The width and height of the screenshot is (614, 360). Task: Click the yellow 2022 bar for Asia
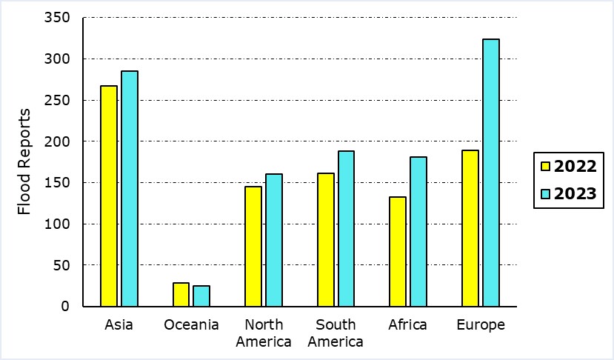pyautogui.click(x=109, y=196)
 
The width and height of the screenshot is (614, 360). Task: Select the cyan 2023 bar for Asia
pyautogui.click(x=130, y=189)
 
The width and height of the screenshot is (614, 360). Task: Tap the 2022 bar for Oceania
pyautogui.click(x=181, y=295)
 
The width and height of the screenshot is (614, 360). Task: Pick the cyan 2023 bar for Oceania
pyautogui.click(x=201, y=296)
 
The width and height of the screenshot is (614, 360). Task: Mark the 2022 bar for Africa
pyautogui.click(x=398, y=251)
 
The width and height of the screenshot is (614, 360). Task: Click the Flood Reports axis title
pyautogui.click(x=24, y=161)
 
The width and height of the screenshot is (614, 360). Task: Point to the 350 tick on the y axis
pyautogui.click(x=61, y=18)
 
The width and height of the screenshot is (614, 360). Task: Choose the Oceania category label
pyautogui.click(x=191, y=325)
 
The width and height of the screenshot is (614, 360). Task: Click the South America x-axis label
pyautogui.click(x=336, y=333)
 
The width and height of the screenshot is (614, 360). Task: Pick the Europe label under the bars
pyautogui.click(x=480, y=325)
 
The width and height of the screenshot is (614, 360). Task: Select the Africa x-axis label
pyautogui.click(x=408, y=325)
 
